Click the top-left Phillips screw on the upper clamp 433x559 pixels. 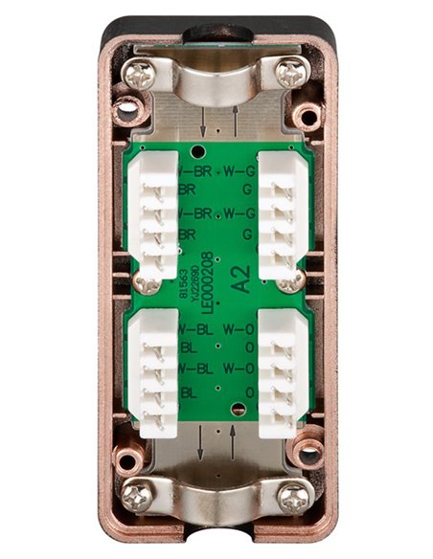tap(140, 74)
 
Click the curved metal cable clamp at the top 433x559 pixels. tap(216, 81)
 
